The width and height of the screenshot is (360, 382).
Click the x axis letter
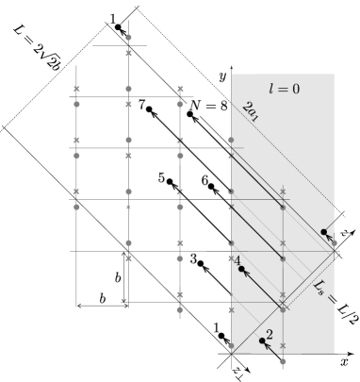coord(345,361)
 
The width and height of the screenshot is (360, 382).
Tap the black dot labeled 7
coord(148,110)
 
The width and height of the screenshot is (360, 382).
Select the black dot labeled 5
coord(171,181)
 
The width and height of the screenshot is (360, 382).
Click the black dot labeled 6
coord(211,186)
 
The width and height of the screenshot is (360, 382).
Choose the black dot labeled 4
coord(241,270)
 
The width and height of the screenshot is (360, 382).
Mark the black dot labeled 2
coord(262,340)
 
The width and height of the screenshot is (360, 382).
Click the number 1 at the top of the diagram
coord(113,18)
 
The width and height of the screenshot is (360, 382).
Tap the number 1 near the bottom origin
coord(218,326)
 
